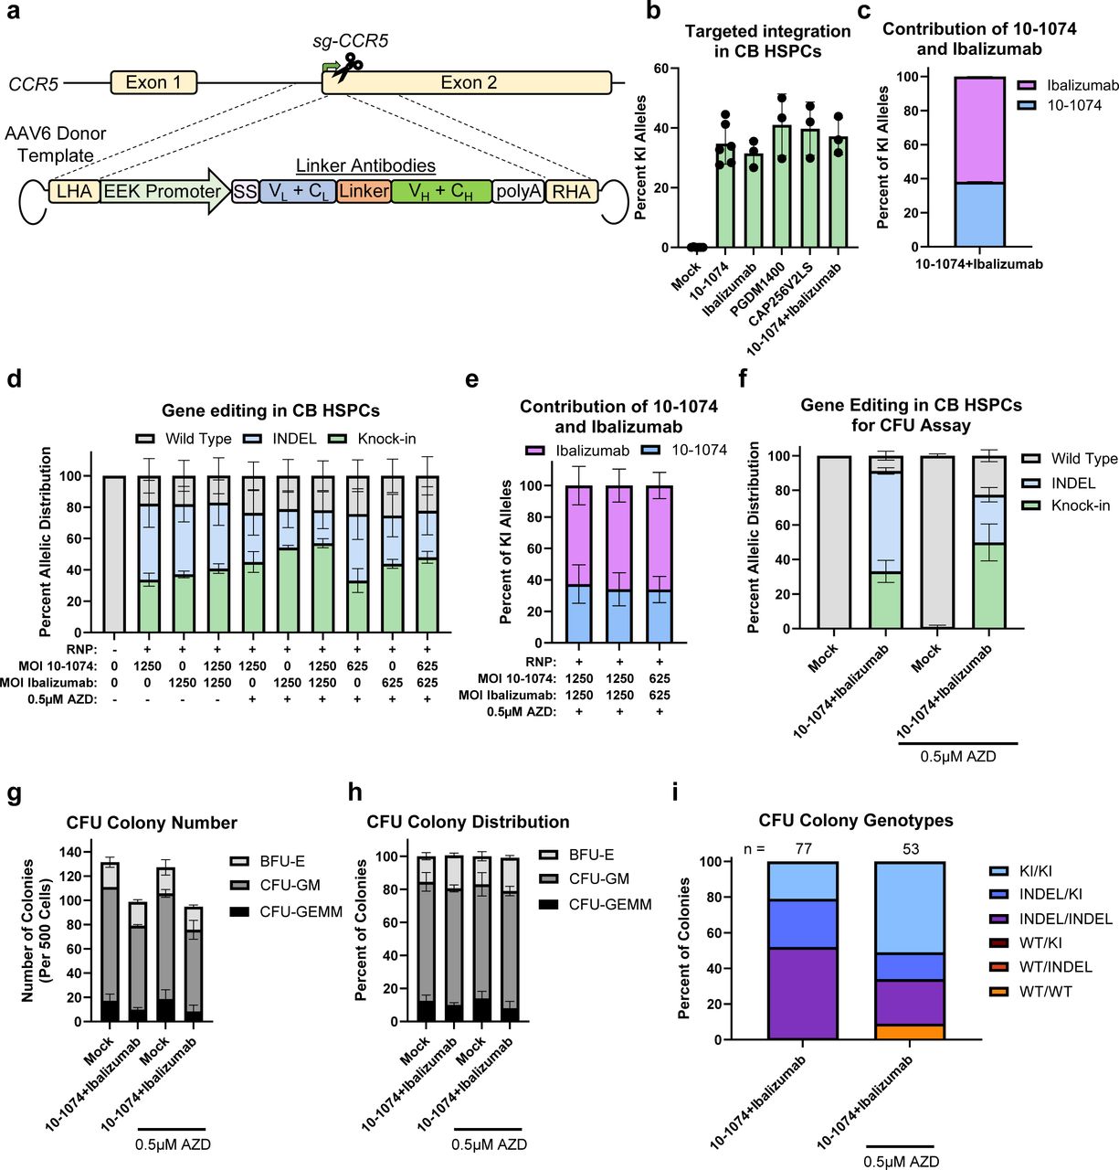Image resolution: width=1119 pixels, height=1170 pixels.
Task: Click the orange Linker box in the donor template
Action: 364,191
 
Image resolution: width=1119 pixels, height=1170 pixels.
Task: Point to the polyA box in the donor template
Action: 518,191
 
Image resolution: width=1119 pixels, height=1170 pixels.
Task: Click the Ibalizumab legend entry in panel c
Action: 1083,85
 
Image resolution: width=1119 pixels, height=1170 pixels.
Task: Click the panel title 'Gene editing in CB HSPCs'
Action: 270,410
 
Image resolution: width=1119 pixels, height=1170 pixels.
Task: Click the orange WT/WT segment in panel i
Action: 909,1032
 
